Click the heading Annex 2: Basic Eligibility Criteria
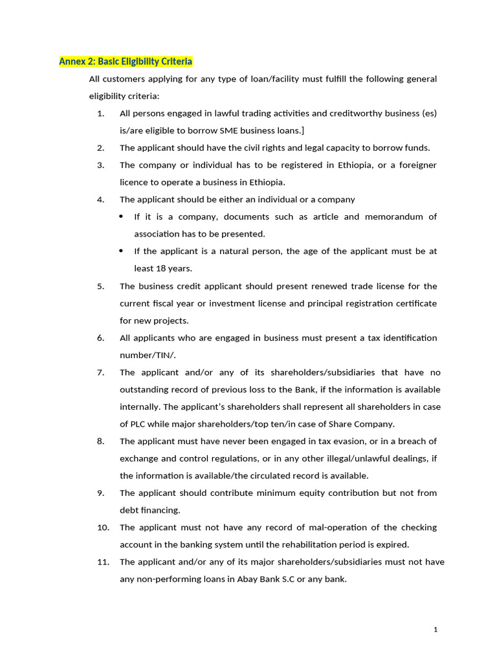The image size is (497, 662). (x=126, y=61)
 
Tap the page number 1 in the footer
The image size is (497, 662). (x=436, y=630)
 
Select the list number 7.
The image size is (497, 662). (x=100, y=372)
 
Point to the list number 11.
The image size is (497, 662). (x=103, y=562)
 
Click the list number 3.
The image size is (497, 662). (x=100, y=165)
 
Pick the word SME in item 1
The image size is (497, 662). (x=229, y=131)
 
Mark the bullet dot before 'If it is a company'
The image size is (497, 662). (x=122, y=217)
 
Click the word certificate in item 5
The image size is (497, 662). (x=415, y=303)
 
